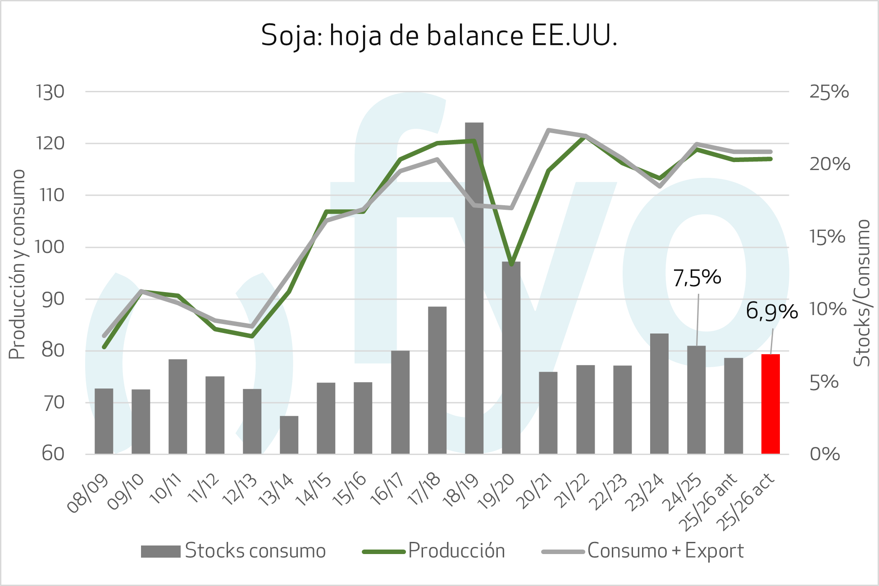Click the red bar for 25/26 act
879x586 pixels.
[x=770, y=404]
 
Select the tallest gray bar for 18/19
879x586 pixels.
[x=474, y=288]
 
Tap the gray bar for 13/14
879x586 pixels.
[x=289, y=434]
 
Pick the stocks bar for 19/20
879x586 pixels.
[x=511, y=358]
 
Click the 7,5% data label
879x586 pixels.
[x=697, y=278]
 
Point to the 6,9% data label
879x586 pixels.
[x=771, y=311]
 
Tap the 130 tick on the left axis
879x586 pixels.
[x=50, y=92]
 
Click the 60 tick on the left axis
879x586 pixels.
[x=53, y=454]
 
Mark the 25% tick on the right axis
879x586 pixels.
[x=829, y=92]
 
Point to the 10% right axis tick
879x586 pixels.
[x=828, y=309]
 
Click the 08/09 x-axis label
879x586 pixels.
[x=88, y=493]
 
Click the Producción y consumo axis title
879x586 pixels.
[x=17, y=264]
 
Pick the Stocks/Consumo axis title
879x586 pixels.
[x=862, y=293]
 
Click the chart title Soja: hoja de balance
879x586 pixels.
[x=439, y=35]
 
